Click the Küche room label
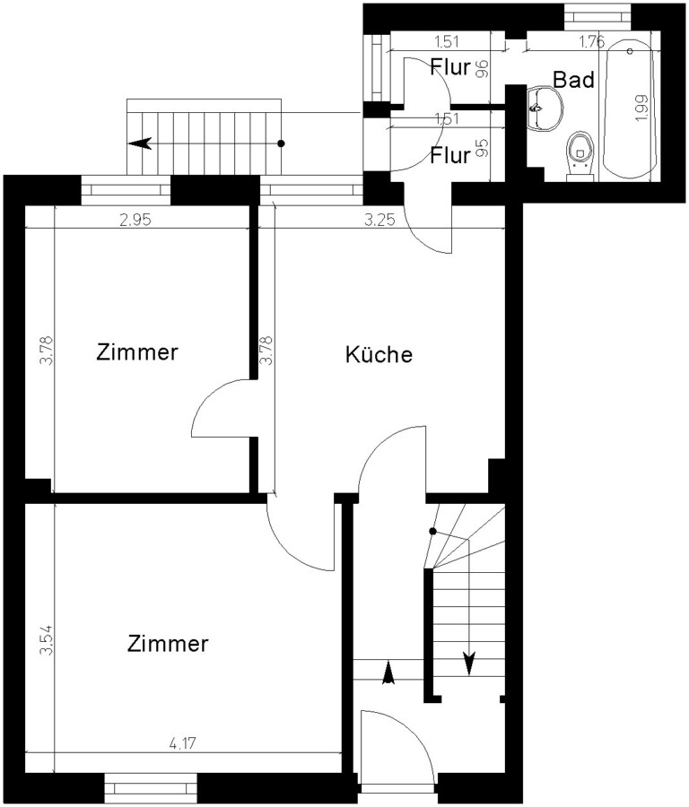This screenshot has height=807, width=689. (x=379, y=354)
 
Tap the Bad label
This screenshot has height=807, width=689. (x=573, y=80)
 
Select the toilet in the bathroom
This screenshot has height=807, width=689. (x=580, y=156)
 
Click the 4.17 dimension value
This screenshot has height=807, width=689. (x=183, y=743)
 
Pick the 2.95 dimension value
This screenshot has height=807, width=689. (x=135, y=221)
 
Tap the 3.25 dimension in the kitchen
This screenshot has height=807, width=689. (x=380, y=221)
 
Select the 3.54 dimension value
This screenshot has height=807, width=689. (x=47, y=639)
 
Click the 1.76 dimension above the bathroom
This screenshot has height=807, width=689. (x=592, y=41)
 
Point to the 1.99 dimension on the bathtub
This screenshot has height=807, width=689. (x=641, y=108)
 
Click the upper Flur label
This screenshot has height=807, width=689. (x=450, y=67)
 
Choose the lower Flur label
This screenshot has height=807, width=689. (x=450, y=155)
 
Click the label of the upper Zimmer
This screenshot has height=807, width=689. (x=137, y=352)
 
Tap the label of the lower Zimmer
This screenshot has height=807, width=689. (x=168, y=643)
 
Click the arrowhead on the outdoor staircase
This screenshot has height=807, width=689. (x=140, y=143)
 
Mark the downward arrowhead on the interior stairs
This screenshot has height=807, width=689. (x=468, y=663)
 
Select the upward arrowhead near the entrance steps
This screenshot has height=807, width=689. (x=388, y=672)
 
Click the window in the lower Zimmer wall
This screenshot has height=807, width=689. (x=151, y=788)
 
